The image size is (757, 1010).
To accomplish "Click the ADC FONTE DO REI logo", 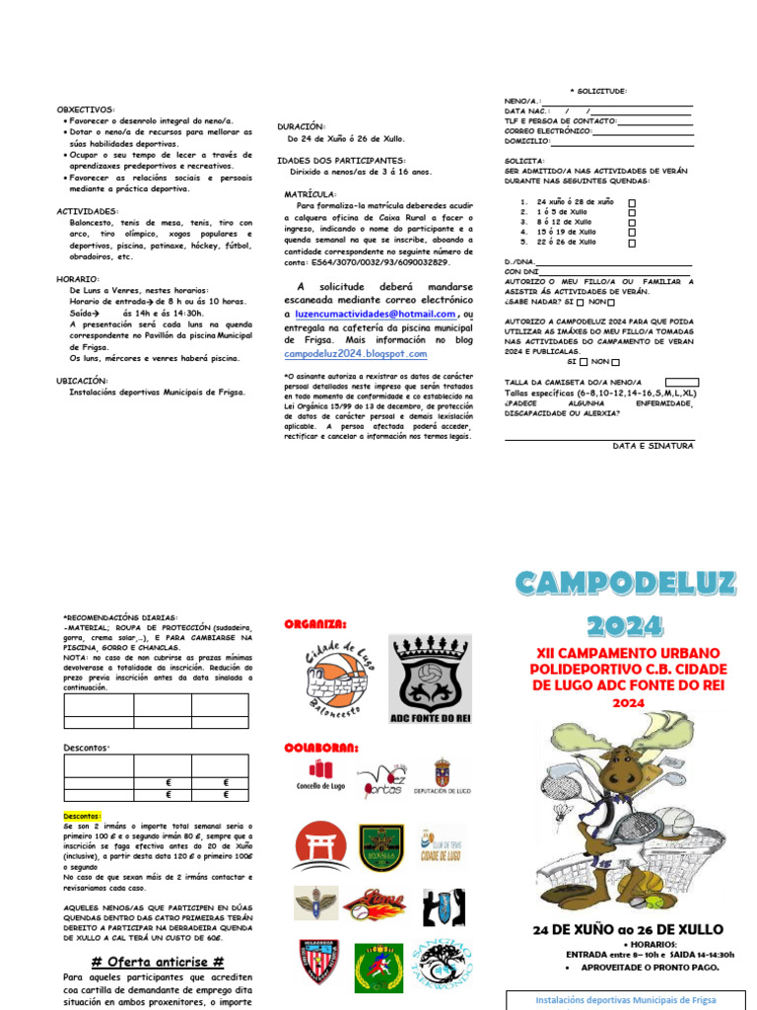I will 429,680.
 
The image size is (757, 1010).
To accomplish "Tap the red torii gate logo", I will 319,846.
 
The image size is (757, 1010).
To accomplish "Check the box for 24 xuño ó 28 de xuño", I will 632,202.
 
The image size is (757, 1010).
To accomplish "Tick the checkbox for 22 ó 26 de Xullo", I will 632,243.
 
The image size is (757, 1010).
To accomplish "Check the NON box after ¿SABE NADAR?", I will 611,303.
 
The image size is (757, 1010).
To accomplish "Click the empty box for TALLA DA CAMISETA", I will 682,382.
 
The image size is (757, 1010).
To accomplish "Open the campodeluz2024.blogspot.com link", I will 356,353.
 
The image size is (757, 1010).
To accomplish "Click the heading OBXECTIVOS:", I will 86,109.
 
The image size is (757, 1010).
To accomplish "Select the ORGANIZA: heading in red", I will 315,623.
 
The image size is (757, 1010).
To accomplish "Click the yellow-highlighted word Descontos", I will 83,817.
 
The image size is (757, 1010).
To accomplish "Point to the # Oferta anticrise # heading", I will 158,962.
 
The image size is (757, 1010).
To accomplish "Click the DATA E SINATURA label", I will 653,446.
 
